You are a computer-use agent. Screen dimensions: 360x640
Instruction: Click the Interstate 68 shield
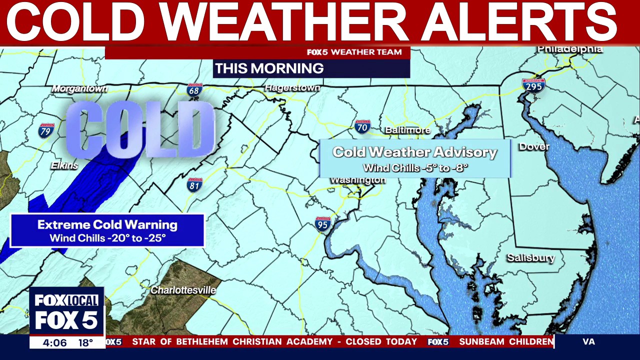(194, 90)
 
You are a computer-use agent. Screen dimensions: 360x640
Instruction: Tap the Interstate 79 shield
(46, 130)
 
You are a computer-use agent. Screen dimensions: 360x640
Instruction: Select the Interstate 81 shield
(194, 185)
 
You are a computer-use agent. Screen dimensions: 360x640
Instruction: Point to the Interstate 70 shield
(362, 127)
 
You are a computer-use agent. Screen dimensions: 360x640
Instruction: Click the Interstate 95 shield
(323, 224)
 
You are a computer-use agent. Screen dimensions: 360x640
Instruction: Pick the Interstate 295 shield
(532, 85)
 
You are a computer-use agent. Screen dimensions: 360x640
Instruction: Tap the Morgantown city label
(80, 88)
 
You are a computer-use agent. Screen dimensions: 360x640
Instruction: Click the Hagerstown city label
(292, 87)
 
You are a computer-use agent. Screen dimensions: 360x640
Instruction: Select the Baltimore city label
(407, 130)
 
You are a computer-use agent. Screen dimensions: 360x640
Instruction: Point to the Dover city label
(534, 146)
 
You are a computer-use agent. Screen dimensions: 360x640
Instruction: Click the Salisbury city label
(530, 258)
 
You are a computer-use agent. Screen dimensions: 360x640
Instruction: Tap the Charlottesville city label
(183, 290)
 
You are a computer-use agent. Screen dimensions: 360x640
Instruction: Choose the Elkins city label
(64, 165)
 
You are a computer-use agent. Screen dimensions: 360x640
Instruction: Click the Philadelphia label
(570, 49)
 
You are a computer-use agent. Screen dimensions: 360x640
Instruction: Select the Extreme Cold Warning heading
(107, 225)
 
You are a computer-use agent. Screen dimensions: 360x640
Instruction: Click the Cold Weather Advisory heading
(414, 152)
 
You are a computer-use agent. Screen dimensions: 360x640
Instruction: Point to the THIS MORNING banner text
(269, 68)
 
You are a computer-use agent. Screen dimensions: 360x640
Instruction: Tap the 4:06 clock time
(54, 343)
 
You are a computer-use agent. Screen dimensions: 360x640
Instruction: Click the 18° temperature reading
(85, 343)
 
